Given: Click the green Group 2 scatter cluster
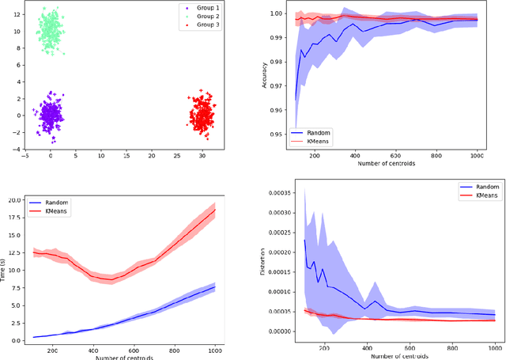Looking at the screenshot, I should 51,33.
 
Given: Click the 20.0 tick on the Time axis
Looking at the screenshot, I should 17,201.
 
